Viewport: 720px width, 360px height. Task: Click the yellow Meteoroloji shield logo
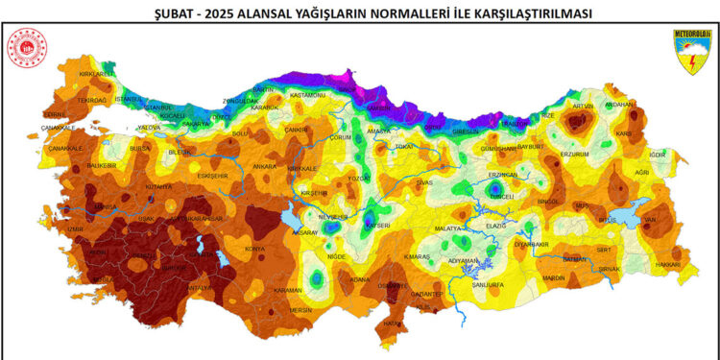[690, 50]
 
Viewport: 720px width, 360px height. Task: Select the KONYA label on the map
[255, 249]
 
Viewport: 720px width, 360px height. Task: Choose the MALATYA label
[448, 228]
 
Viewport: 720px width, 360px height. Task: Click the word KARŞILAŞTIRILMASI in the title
[522, 13]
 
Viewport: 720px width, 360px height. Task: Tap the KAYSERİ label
[377, 225]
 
